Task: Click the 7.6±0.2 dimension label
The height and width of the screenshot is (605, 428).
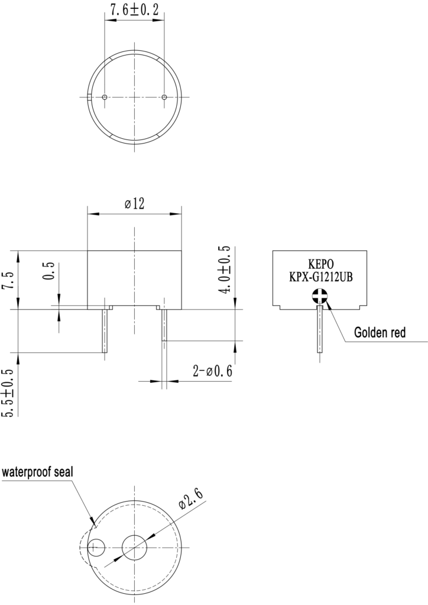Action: click(134, 10)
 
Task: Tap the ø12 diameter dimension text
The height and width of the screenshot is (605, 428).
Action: click(134, 203)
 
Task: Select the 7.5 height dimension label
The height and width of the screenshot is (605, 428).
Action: click(9, 280)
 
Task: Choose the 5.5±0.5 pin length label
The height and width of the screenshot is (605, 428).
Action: click(8, 393)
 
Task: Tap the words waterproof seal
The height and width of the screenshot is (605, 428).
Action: click(37, 471)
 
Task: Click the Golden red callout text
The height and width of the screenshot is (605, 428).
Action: click(380, 332)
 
